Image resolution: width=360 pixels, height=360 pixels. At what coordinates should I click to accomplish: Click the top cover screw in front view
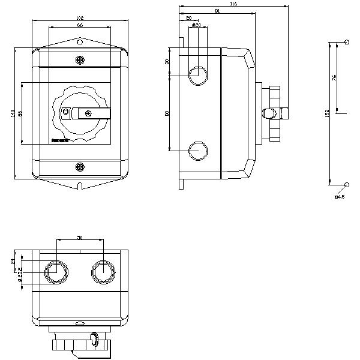tap(80, 59)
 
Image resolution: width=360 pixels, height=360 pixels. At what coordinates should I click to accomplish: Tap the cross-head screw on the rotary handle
tap(89, 113)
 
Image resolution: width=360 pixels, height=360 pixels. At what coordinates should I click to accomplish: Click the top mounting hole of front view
tap(80, 42)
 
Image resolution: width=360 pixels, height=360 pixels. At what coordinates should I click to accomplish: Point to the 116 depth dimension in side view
tap(233, 4)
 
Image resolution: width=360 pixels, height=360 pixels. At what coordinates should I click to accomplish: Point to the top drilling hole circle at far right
tap(347, 41)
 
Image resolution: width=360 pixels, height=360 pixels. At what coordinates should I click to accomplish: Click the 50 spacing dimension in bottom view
tap(80, 238)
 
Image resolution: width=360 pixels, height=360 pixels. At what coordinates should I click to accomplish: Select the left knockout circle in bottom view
tap(55, 272)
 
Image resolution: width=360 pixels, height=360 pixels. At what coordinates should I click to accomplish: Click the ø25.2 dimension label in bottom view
tap(20, 274)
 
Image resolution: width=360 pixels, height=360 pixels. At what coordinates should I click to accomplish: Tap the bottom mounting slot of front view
tap(80, 184)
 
